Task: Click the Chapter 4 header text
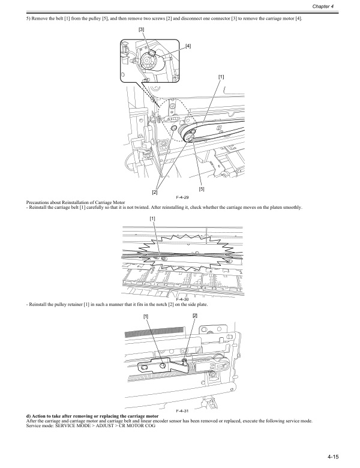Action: pyautogui.click(x=340, y=6)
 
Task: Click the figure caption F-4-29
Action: pyautogui.click(x=182, y=197)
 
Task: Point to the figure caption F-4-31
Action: pyautogui.click(x=182, y=410)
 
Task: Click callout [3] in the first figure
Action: pyautogui.click(x=141, y=29)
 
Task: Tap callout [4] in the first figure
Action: pyautogui.click(x=188, y=46)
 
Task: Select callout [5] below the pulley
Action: pyautogui.click(x=202, y=189)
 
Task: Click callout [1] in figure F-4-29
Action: pyautogui.click(x=221, y=76)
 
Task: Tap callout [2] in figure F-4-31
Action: pyautogui.click(x=194, y=316)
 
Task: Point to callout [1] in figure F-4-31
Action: pyautogui.click(x=146, y=316)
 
